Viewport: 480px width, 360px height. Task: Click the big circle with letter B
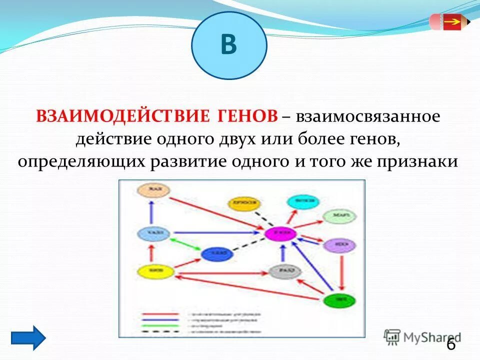[x=229, y=45]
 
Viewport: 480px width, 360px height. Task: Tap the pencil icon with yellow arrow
[x=449, y=22]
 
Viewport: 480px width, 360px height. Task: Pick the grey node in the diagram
[x=284, y=271]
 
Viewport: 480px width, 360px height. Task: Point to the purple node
[x=339, y=245]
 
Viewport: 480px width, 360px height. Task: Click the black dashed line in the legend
[x=159, y=331]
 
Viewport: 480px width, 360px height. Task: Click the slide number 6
[x=450, y=344]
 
